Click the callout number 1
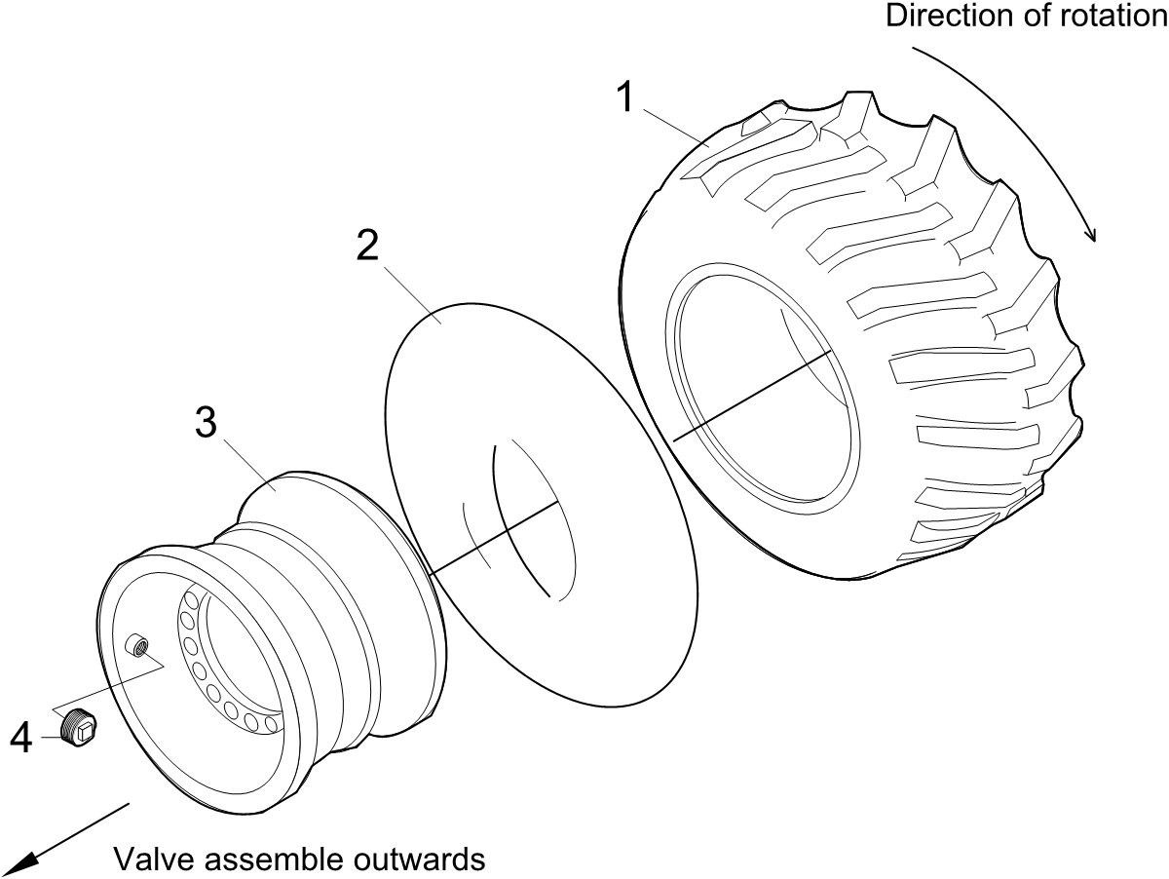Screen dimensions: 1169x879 coord(626,96)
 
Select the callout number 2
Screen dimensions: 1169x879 coord(367,245)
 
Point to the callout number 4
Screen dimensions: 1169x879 coord(21,739)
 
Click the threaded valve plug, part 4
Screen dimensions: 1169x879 coord(78,729)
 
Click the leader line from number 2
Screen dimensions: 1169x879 coord(413,295)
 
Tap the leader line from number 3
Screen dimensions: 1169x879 coord(249,466)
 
